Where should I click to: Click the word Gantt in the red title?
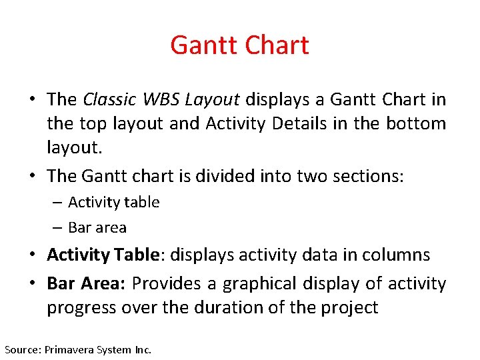click(x=203, y=45)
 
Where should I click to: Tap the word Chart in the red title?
click(x=276, y=45)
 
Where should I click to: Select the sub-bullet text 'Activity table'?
click(x=114, y=202)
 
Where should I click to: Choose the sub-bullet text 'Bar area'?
click(x=97, y=227)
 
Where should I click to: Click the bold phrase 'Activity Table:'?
click(x=102, y=255)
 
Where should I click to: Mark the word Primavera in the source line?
click(x=70, y=349)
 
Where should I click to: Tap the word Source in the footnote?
click(x=22, y=349)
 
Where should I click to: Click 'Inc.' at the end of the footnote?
click(x=143, y=349)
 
